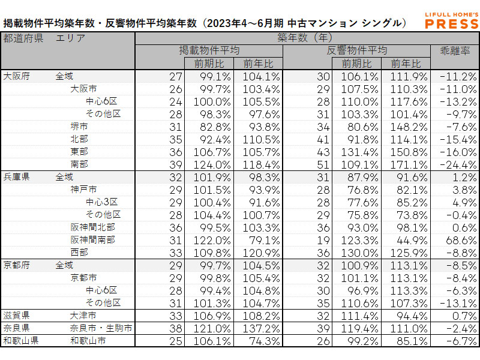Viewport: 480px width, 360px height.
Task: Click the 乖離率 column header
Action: tap(454, 50)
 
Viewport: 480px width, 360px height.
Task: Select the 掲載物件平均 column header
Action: tap(209, 50)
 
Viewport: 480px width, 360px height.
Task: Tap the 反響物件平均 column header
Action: tap(357, 50)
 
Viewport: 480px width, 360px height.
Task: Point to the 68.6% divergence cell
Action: tap(458, 239)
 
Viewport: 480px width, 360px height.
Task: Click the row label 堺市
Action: tap(79, 127)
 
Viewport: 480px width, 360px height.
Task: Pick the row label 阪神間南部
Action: tap(92, 239)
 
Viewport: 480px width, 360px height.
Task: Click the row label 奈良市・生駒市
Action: tap(100, 328)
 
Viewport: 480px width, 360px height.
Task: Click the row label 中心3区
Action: tap(101, 202)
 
